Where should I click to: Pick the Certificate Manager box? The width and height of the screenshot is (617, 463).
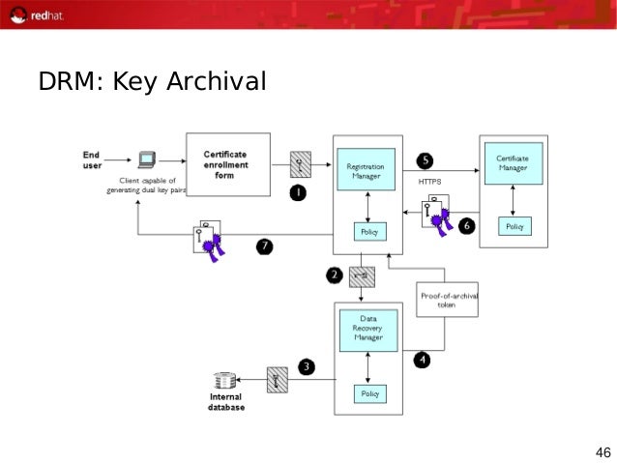pos(513,164)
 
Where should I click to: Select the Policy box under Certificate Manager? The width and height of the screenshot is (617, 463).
pos(514,226)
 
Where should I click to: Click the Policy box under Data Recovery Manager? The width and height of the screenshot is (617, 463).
pos(369,393)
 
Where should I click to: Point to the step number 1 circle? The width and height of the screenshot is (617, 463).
pos(298,192)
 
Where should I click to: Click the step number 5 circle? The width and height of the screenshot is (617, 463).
pos(425,159)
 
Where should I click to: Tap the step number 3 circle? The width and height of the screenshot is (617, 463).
pos(306,366)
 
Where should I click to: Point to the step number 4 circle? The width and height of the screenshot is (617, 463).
pos(422,360)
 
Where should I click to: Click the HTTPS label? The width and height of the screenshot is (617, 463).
pos(428,182)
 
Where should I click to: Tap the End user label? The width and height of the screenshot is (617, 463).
pos(91,159)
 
